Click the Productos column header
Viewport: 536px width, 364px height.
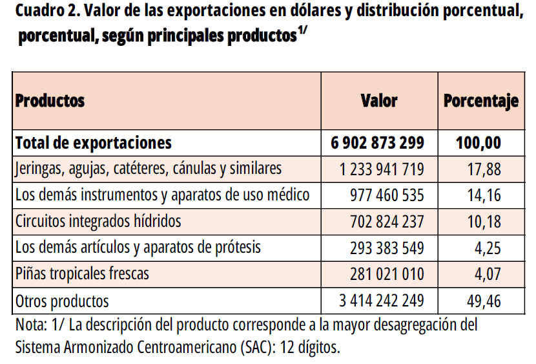point(50,101)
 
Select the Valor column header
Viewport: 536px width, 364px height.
point(379,101)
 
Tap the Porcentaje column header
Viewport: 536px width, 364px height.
point(481,101)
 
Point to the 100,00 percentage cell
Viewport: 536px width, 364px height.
point(479,143)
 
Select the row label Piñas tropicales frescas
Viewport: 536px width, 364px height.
point(82,273)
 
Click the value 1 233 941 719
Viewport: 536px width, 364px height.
point(382,169)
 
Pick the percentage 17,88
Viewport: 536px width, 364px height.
point(484,169)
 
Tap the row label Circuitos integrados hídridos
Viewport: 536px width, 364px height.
point(98,221)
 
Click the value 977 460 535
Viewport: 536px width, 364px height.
point(387,195)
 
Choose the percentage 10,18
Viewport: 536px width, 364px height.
point(484,222)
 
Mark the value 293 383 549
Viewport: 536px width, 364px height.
point(387,248)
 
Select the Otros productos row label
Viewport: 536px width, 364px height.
point(62,301)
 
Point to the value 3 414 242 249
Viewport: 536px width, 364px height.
point(382,301)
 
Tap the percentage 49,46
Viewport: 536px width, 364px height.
point(484,301)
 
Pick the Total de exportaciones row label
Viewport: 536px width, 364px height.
point(94,143)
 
